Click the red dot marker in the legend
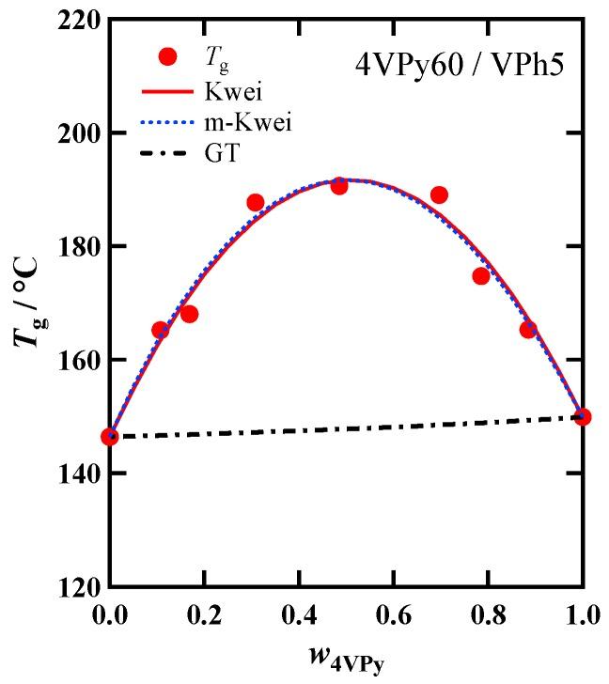(168, 57)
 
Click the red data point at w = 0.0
(110, 437)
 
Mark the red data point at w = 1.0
(583, 416)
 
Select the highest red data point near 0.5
(339, 186)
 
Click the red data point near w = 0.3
(256, 203)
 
